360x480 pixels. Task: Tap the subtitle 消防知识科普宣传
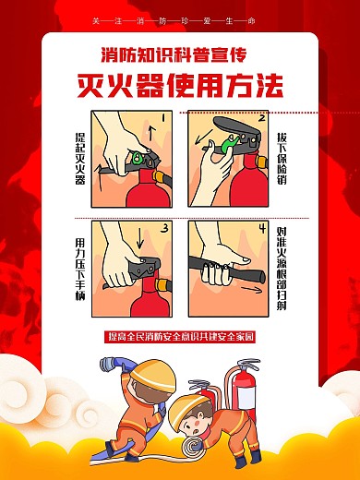(x=180, y=54)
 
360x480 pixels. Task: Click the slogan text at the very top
(x=180, y=20)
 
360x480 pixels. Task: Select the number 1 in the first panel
(x=162, y=119)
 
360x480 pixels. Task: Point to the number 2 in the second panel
(x=261, y=119)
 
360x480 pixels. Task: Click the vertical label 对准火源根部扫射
(x=281, y=268)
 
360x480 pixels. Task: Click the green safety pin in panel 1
(x=138, y=156)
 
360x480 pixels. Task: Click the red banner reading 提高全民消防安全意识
(x=180, y=337)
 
